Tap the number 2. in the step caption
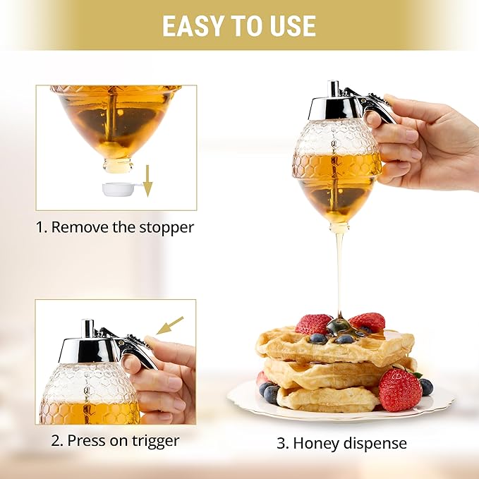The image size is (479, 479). pyautogui.click(x=57, y=441)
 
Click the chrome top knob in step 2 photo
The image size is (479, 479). pyautogui.click(x=87, y=328)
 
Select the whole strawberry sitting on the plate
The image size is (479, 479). pyautogui.click(x=400, y=389)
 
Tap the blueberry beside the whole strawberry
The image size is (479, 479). pyautogui.click(x=426, y=387)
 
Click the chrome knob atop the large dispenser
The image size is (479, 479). pyautogui.click(x=334, y=89)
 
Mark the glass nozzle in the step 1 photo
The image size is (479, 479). pyautogui.click(x=117, y=165)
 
